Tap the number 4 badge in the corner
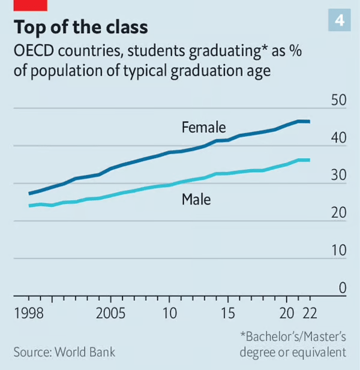point(339,20)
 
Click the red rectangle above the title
point(29,5)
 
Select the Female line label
point(203,127)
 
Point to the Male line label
point(196,198)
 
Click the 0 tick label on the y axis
point(343,288)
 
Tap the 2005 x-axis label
point(111,314)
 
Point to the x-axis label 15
point(227,314)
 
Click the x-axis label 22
point(310,314)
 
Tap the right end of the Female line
point(309,122)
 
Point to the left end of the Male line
point(29,206)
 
